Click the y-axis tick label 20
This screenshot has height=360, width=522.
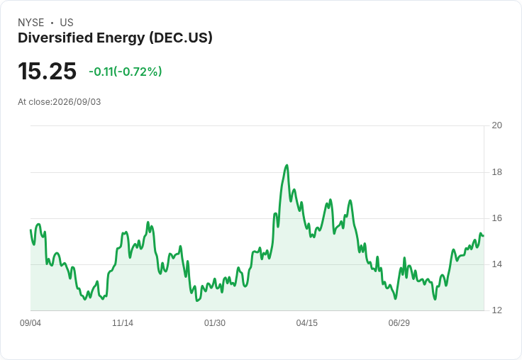[497, 125]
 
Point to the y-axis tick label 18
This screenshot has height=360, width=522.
[497, 172]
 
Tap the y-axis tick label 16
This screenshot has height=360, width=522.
[497, 218]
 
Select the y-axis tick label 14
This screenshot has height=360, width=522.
[497, 264]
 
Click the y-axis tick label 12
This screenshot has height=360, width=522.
[497, 310]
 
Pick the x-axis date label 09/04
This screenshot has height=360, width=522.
[30, 323]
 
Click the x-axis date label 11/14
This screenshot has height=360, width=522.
[123, 323]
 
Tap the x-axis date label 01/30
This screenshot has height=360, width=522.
[215, 323]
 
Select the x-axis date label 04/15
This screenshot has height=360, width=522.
[307, 323]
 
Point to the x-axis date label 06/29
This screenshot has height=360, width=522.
[399, 323]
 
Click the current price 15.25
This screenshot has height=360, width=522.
[48, 71]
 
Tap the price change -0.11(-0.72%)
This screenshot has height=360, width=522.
[125, 72]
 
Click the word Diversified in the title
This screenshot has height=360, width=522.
[55, 38]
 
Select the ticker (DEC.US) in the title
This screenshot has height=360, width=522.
[181, 38]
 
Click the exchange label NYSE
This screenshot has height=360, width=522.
[31, 23]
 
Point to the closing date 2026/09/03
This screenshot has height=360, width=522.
[77, 102]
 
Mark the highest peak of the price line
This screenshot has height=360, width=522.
[287, 165]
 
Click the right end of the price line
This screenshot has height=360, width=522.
[484, 236]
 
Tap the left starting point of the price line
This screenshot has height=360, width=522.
[30, 230]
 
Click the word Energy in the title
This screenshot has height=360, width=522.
[121, 38]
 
